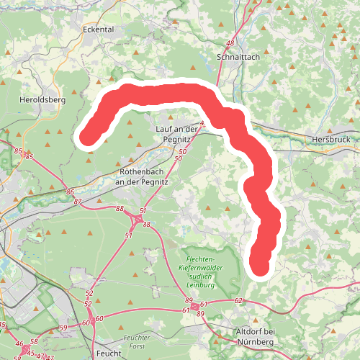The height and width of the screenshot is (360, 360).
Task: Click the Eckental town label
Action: (99, 30)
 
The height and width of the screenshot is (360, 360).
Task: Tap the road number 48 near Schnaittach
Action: (230, 44)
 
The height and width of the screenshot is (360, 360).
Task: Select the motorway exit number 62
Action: (239, 300)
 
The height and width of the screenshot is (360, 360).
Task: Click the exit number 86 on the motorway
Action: (70, 192)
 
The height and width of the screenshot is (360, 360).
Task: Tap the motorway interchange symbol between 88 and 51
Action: (135, 218)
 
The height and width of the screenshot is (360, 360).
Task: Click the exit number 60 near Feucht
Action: (99, 318)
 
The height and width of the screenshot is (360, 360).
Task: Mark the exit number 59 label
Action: (63, 328)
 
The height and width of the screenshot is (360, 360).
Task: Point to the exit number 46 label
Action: (20, 344)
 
